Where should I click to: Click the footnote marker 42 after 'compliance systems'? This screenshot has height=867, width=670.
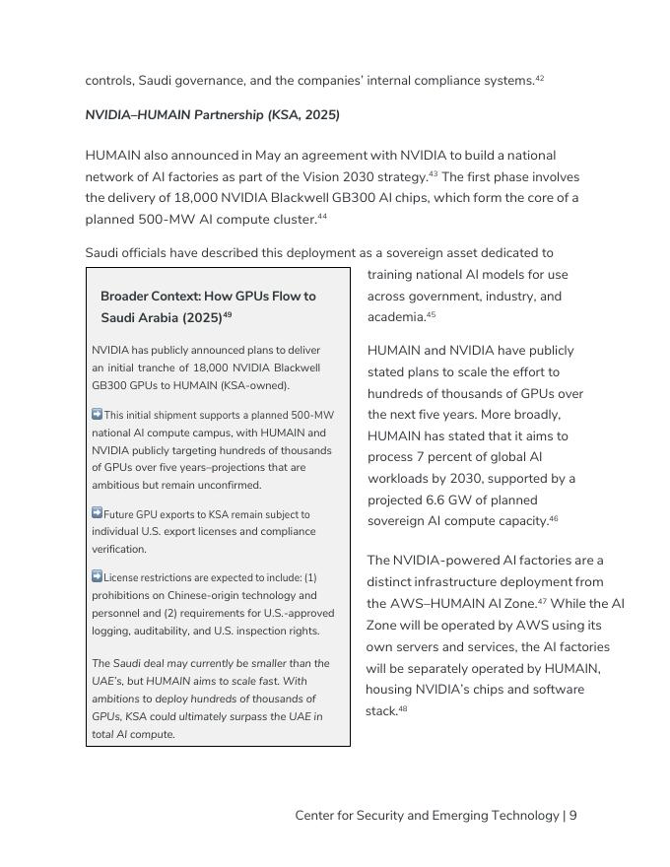tap(539, 78)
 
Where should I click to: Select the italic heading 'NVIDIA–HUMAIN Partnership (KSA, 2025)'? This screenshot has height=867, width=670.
tap(212, 115)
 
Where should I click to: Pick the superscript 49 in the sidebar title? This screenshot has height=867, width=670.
tap(228, 315)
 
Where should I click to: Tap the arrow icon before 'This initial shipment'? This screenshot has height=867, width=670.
tap(97, 415)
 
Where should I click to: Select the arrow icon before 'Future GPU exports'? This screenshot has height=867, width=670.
tap(97, 513)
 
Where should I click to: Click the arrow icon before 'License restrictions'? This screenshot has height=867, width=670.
tap(97, 576)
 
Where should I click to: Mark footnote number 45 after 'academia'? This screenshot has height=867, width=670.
tap(431, 315)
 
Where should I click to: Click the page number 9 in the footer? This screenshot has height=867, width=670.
tap(572, 816)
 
